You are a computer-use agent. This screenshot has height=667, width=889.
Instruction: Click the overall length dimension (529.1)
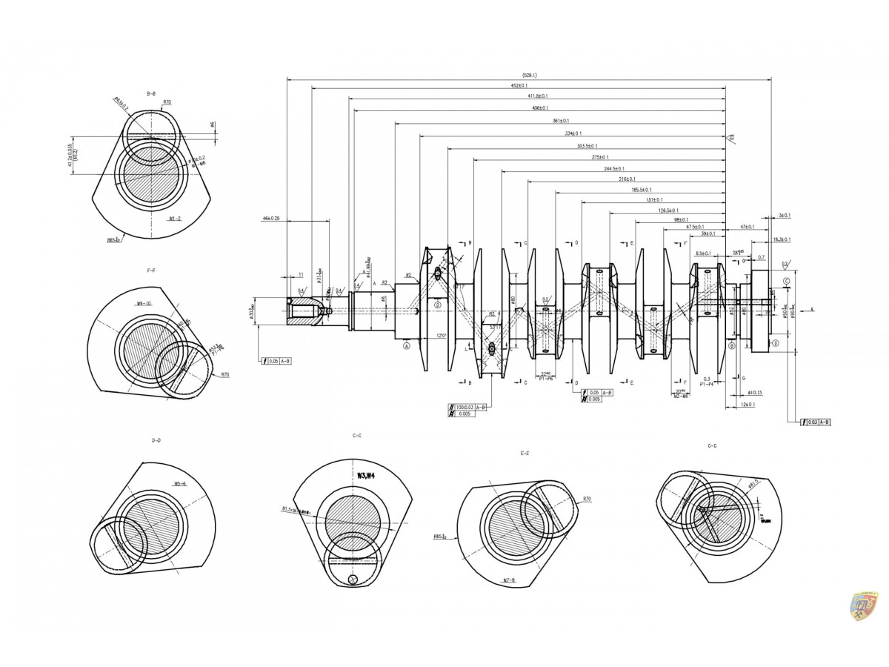click(529, 75)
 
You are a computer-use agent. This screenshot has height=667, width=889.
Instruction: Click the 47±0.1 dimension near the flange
click(748, 227)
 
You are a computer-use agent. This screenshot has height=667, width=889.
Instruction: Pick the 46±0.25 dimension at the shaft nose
click(271, 219)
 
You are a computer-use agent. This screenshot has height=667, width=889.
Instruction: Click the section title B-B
click(151, 93)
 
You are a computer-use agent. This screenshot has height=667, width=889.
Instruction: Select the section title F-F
click(151, 271)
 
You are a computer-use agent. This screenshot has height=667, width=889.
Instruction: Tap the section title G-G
click(712, 446)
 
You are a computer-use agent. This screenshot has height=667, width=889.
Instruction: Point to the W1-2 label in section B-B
click(175, 219)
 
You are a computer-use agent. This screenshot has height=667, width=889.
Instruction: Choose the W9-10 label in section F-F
click(144, 304)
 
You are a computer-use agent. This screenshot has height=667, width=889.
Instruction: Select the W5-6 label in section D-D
click(180, 483)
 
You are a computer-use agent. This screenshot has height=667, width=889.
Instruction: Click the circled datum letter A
click(407, 345)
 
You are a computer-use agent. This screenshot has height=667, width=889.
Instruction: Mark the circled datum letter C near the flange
click(785, 281)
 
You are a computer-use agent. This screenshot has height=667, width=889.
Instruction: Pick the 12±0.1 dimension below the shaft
click(749, 404)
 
